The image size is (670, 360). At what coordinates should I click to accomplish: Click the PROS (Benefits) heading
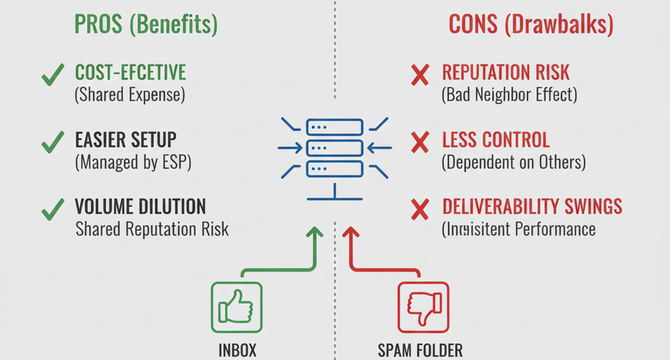[x=146, y=25]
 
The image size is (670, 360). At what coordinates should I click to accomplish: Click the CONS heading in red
[x=531, y=25]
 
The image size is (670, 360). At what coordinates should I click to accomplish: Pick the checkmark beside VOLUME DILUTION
[x=52, y=210]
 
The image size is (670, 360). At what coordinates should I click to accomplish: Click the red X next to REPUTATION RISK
[x=419, y=76]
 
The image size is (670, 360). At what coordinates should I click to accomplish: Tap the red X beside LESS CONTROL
[x=419, y=142]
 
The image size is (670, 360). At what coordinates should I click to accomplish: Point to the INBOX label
[x=236, y=350]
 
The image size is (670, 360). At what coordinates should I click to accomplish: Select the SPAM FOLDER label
[x=420, y=350]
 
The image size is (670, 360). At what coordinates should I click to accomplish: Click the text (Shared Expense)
[x=130, y=95]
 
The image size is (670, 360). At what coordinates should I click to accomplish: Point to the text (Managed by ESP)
[x=133, y=162]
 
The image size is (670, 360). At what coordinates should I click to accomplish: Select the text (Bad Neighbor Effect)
[x=510, y=95]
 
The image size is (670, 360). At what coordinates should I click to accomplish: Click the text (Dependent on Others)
[x=514, y=162]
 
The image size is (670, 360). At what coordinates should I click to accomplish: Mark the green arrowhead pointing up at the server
[x=315, y=233]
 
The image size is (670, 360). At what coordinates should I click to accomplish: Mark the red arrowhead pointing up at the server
[x=351, y=233]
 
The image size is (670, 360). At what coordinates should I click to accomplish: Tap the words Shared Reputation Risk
[x=152, y=229]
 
